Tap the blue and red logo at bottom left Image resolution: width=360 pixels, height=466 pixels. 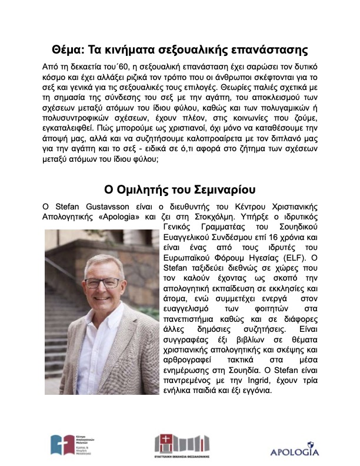coord(61,444)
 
